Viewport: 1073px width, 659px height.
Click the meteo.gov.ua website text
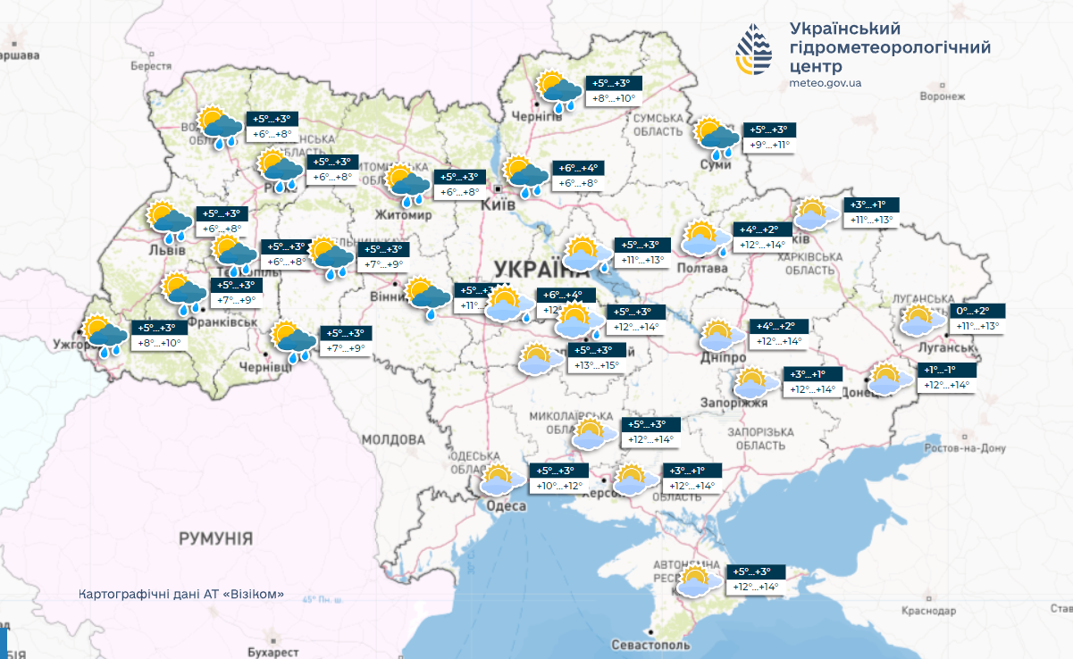(x=826, y=83)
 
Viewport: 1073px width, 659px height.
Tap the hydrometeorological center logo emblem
(x=756, y=52)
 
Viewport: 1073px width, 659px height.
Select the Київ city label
(x=498, y=205)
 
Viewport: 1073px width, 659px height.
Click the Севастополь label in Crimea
(x=651, y=645)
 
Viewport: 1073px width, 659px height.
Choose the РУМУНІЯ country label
(x=215, y=538)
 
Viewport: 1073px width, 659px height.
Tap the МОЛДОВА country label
(x=393, y=440)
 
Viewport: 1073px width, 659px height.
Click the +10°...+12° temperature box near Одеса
(x=559, y=487)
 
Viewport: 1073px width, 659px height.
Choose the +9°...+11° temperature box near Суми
(x=769, y=145)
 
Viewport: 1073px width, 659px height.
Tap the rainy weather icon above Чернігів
(x=559, y=91)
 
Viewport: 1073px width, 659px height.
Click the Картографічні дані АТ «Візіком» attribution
(x=181, y=594)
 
